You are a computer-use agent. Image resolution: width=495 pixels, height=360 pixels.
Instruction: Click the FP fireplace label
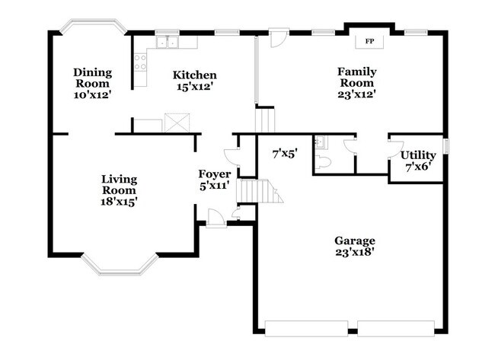[369, 41]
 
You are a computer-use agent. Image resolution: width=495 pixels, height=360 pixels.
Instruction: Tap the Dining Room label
[92, 78]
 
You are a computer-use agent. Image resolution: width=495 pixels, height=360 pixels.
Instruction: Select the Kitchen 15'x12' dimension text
[193, 87]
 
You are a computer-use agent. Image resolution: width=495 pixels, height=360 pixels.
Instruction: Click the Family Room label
[356, 77]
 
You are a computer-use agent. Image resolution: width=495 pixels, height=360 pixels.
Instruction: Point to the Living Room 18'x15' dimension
[119, 201]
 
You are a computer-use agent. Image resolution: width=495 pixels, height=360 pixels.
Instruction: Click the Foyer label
[214, 174]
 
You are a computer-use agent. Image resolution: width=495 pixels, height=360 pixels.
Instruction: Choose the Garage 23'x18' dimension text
[355, 252]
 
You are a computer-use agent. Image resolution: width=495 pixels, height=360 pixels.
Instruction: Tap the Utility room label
[418, 155]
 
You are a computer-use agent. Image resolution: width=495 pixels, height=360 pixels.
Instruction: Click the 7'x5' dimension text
[285, 154]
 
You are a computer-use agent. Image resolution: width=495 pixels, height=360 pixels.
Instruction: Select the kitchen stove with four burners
[140, 62]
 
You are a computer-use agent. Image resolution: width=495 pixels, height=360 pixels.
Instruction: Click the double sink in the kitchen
[167, 42]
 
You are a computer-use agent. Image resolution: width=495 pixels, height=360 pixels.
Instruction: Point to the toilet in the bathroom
[323, 162]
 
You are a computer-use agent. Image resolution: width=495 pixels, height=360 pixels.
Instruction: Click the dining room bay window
[94, 24]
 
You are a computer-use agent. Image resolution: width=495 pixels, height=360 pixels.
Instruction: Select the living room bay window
[120, 266]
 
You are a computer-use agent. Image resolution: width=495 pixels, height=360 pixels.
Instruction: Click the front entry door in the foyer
[216, 218]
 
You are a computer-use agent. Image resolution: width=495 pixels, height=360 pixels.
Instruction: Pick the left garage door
[306, 329]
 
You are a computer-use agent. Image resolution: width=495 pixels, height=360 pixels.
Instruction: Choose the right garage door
[396, 329]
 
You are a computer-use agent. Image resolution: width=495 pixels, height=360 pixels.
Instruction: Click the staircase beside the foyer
[259, 191]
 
